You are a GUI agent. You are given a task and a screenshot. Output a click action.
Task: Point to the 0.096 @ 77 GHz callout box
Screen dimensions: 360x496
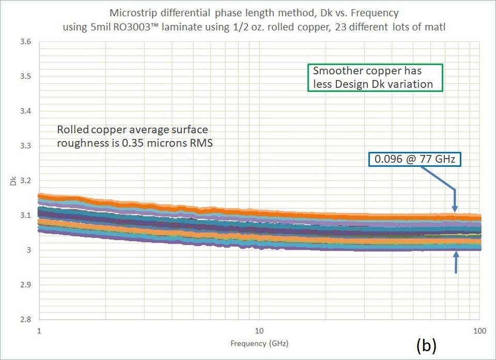pos(414,160)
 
